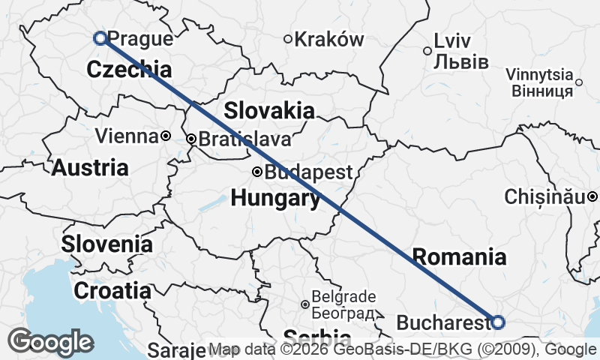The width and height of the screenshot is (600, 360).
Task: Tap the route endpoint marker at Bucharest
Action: [498, 322]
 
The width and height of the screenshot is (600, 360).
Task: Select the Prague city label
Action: [140, 38]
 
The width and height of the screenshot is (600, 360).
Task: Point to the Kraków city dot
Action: [288, 39]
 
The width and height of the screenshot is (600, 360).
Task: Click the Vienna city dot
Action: [166, 136]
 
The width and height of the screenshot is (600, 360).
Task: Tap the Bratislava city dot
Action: [191, 139]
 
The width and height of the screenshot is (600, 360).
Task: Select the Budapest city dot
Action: [256, 172]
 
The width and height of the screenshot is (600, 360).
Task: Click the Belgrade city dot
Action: [304, 304]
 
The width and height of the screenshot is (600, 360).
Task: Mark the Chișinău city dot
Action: [592, 196]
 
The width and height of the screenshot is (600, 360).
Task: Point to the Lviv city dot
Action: [427, 51]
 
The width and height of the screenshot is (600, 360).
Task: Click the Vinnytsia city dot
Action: [579, 82]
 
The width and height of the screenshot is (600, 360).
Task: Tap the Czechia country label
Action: [129, 70]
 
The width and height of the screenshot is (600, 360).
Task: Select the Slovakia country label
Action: [268, 111]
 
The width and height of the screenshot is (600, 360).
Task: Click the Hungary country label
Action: [275, 199]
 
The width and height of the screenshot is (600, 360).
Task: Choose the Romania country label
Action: [459, 257]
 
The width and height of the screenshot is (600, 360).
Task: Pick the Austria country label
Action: [90, 167]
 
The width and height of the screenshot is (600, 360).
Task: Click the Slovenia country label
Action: [107, 244]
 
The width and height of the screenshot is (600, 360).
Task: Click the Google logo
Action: [51, 342]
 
